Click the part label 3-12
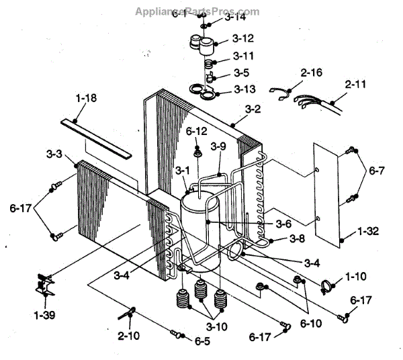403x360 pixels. pos(243,39)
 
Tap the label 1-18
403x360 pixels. pos(85,99)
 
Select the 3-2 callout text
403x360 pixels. pos(253,108)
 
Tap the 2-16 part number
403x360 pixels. pos(312,72)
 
